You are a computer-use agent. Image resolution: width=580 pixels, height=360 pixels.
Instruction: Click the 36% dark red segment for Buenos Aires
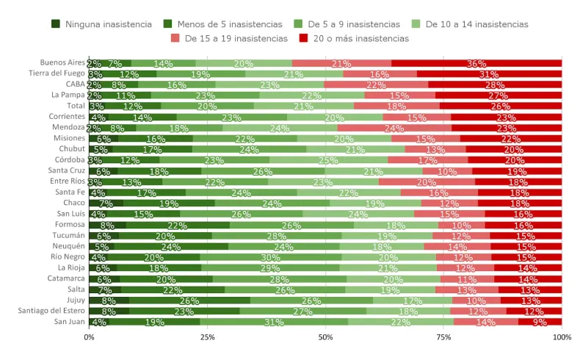tap(476, 63)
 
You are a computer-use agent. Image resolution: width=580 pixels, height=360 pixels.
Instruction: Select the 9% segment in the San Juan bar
tap(540, 322)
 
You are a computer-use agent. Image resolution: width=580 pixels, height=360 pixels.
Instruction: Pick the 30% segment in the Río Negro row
tap(271, 257)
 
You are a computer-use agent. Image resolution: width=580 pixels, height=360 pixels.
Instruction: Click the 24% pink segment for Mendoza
tap(394, 128)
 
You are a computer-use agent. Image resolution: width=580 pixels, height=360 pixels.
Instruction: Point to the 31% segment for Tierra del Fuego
tap(490, 74)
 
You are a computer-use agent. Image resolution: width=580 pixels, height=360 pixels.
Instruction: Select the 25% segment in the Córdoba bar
tap(328, 160)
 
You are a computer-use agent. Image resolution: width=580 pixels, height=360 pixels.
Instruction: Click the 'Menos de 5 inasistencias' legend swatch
tap(168, 24)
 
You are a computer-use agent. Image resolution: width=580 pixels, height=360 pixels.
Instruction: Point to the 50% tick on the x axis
tap(325, 337)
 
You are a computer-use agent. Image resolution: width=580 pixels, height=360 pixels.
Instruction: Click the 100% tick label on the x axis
tap(561, 337)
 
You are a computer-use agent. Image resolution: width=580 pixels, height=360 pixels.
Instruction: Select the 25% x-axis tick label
tap(207, 337)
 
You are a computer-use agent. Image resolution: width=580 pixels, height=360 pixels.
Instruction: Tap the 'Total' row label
tap(76, 106)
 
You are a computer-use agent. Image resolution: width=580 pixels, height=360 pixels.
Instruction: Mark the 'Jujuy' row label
tap(76, 300)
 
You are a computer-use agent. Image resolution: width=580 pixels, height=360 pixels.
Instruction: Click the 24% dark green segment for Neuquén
tap(171, 246)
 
